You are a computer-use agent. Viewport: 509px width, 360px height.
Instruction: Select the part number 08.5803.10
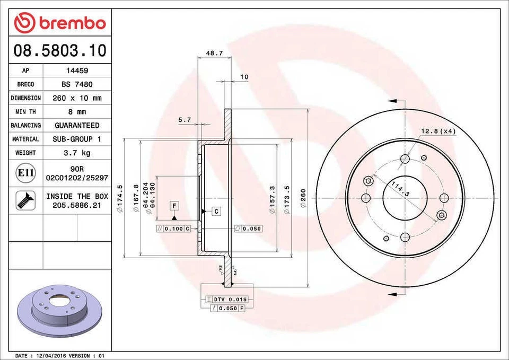[x=59, y=51]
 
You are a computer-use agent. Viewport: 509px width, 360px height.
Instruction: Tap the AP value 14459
[x=77, y=71]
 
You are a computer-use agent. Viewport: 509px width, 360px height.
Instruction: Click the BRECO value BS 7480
[x=77, y=84]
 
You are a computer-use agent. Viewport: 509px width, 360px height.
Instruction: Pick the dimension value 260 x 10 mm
[x=77, y=98]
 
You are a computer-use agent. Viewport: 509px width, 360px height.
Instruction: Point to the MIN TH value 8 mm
[x=77, y=112]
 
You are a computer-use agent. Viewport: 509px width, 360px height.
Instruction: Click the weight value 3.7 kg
[x=77, y=153]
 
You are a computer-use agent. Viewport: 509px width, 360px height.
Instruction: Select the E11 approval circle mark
[x=25, y=173]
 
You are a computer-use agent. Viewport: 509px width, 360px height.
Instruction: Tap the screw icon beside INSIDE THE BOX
[x=25, y=200]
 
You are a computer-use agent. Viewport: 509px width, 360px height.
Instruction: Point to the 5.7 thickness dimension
[x=185, y=120]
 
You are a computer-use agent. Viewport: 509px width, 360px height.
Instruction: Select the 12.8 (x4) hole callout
[x=438, y=131]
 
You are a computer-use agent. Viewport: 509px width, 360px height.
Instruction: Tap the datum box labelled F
[x=174, y=205]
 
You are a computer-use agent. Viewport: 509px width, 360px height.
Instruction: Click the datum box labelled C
[x=216, y=212]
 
